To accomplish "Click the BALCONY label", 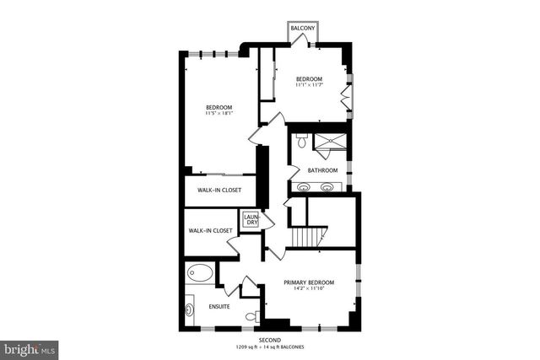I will [303, 29].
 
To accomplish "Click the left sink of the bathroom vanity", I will [303, 187].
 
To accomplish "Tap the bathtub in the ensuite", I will [201, 273].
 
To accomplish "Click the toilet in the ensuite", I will [251, 316].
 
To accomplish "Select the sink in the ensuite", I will [190, 305].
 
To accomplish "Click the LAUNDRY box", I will [251, 220].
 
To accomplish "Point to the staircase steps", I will [308, 239].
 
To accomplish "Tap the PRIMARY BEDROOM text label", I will [309, 282].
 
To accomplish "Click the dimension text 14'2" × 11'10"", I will [309, 290].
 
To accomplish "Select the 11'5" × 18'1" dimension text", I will [219, 113].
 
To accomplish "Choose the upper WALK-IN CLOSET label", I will [219, 191].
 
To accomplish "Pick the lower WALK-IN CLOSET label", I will [210, 230].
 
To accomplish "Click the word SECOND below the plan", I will [270, 341].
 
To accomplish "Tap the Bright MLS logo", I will [30, 347].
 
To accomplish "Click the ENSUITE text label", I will [219, 306].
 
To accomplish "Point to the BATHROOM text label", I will [322, 170].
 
